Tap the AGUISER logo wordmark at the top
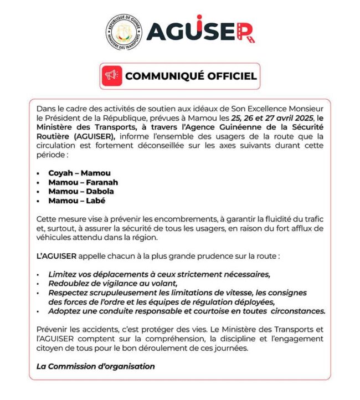point(200,32)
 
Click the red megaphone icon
point(112,75)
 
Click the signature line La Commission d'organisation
point(95,366)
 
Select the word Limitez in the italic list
point(63,274)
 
